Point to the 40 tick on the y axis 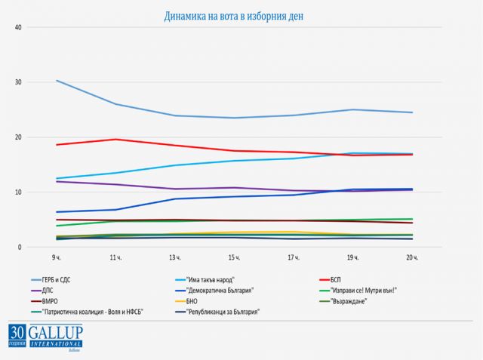click(x=19, y=27)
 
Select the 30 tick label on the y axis click(x=19, y=82)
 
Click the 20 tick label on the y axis click(x=19, y=137)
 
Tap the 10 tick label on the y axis click(x=19, y=192)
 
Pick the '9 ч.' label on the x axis click(x=57, y=258)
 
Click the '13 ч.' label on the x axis click(x=176, y=258)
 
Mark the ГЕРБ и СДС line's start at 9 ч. click(x=57, y=80)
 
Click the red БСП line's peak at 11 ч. click(x=116, y=139)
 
